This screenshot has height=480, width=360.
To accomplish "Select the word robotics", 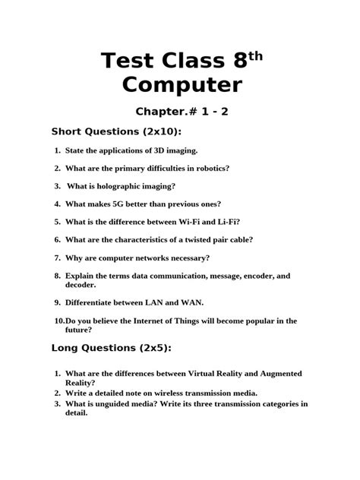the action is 209,169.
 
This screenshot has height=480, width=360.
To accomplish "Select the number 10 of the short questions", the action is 59,321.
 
